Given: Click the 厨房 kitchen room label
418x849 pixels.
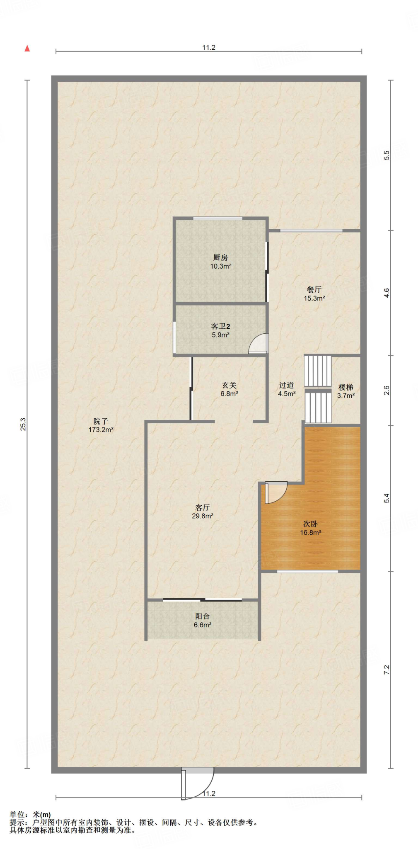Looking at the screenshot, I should point(220,262).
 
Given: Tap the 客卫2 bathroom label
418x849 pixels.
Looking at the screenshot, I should point(220,330).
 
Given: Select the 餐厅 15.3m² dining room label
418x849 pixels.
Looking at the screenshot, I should point(314,294).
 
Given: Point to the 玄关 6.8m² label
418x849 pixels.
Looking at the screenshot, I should point(229,389).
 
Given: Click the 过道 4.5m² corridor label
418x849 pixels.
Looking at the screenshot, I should point(286,389).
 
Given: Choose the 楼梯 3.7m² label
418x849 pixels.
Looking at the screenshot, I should point(346,391).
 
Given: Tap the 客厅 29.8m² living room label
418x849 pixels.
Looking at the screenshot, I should point(202,512).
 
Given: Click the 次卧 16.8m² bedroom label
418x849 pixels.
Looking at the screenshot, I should point(310,528).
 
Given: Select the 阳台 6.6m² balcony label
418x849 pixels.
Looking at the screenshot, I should point(202,621).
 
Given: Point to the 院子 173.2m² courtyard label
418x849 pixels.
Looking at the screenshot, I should point(100,425).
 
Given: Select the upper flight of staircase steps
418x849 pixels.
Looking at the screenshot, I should point(318,371).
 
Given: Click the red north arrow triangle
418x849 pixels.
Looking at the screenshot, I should point(27,49).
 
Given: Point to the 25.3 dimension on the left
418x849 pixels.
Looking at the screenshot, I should point(23,424).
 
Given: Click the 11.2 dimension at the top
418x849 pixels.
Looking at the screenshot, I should point(208,48).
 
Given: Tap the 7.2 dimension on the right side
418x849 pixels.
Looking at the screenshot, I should point(387,669).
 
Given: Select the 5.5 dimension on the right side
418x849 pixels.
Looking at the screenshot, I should point(387,155).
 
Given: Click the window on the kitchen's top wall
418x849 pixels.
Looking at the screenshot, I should point(217,218).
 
